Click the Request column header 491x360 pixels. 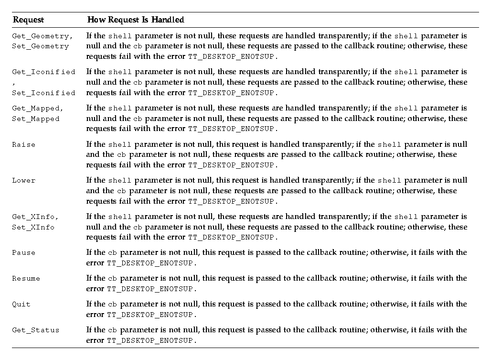click(28, 20)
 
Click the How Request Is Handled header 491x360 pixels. click(135, 20)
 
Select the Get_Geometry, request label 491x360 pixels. click(43, 36)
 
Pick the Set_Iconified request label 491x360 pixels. click(43, 93)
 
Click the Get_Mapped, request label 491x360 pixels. click(38, 109)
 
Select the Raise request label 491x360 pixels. click(23, 144)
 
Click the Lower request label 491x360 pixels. click(23, 181)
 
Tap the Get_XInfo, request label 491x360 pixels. click(36, 217)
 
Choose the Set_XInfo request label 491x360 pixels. click(33, 227)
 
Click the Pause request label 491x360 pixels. click(23, 252)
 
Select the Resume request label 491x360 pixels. click(26, 278)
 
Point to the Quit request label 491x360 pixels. click(21, 304)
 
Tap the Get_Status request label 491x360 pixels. click(36, 330)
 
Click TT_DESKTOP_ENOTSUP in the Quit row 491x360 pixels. click(150, 315)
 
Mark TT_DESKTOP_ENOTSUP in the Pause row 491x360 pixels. click(150, 263)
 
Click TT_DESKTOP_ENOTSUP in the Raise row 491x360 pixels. click(232, 165)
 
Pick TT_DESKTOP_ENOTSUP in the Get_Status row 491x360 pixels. click(150, 341)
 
